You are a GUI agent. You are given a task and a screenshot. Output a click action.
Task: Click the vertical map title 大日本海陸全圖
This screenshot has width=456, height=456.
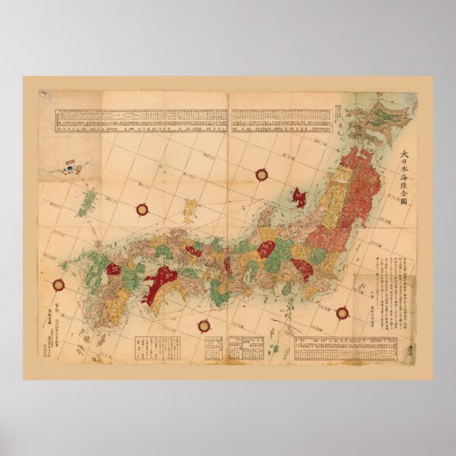[x=402, y=177]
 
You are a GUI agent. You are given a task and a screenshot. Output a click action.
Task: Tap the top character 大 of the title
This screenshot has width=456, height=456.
[x=402, y=155]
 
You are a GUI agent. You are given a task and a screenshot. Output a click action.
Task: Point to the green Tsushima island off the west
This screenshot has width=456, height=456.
[x=87, y=203]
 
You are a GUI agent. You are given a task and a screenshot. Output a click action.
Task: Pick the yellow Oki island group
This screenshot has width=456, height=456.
[x=191, y=207]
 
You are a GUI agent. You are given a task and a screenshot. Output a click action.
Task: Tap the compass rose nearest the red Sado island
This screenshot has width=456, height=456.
[x=261, y=175]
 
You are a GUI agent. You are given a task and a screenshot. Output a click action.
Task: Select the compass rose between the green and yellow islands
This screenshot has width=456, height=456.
[x=143, y=207]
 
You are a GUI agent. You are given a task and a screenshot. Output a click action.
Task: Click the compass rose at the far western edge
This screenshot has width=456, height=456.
[x=59, y=285]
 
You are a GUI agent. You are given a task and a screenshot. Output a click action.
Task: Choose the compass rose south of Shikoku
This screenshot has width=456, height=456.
[x=204, y=325]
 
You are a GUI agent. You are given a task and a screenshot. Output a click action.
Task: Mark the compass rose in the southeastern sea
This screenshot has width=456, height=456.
[x=342, y=312]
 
